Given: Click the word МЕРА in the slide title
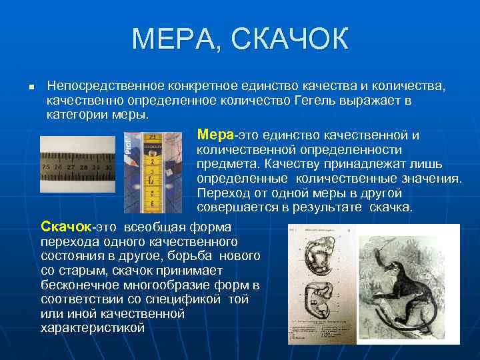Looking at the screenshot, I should pyautogui.click(x=175, y=39).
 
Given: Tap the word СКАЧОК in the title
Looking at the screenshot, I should pyautogui.click(x=290, y=39).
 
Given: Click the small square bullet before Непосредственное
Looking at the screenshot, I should pyautogui.click(x=23, y=88).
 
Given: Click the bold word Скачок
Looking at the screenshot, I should pyautogui.click(x=63, y=227).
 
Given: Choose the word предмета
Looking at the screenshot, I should pyautogui.click(x=227, y=164).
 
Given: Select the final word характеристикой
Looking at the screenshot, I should pyautogui.click(x=93, y=327).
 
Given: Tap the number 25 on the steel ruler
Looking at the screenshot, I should pyautogui.click(x=47, y=166).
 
